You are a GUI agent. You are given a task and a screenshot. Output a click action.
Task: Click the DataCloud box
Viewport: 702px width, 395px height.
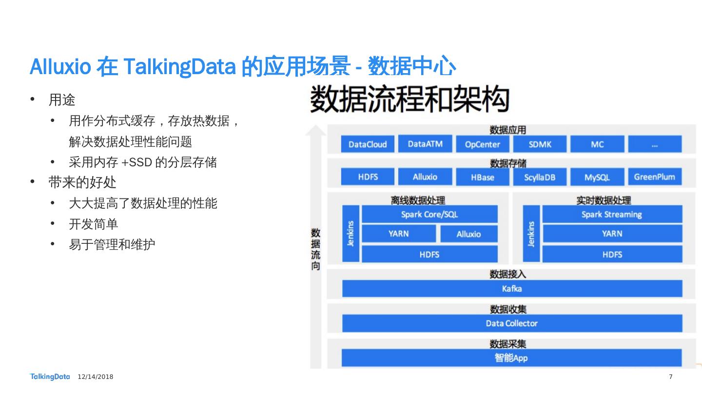(x=368, y=144)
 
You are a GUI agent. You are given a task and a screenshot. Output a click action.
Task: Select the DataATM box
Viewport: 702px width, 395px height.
(x=425, y=144)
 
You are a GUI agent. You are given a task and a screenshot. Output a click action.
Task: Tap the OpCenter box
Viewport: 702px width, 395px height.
(x=482, y=144)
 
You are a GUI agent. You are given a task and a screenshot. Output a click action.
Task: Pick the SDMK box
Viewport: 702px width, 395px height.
(x=540, y=144)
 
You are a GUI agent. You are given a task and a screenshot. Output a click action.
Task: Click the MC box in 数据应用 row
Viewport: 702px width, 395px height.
(x=597, y=144)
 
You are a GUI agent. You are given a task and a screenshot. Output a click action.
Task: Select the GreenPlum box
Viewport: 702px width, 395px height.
(x=654, y=177)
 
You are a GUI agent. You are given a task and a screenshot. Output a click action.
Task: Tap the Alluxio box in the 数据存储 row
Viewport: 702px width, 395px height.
(x=425, y=177)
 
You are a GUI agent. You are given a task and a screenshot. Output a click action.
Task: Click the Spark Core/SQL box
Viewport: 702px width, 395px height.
(x=429, y=215)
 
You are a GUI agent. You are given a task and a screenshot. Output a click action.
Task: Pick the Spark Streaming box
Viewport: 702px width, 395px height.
(x=612, y=215)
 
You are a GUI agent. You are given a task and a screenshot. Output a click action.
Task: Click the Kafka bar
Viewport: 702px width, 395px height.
(x=512, y=289)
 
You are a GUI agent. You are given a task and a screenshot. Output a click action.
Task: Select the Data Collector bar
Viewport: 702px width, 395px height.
(x=512, y=323)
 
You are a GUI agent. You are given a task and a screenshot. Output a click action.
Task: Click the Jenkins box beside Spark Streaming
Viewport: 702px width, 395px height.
(x=531, y=234)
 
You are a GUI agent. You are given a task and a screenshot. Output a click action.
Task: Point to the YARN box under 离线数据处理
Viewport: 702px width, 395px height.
(x=399, y=234)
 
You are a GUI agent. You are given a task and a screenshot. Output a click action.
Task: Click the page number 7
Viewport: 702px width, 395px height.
(x=671, y=377)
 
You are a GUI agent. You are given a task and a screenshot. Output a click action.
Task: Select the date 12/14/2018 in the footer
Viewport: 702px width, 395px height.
(x=96, y=377)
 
